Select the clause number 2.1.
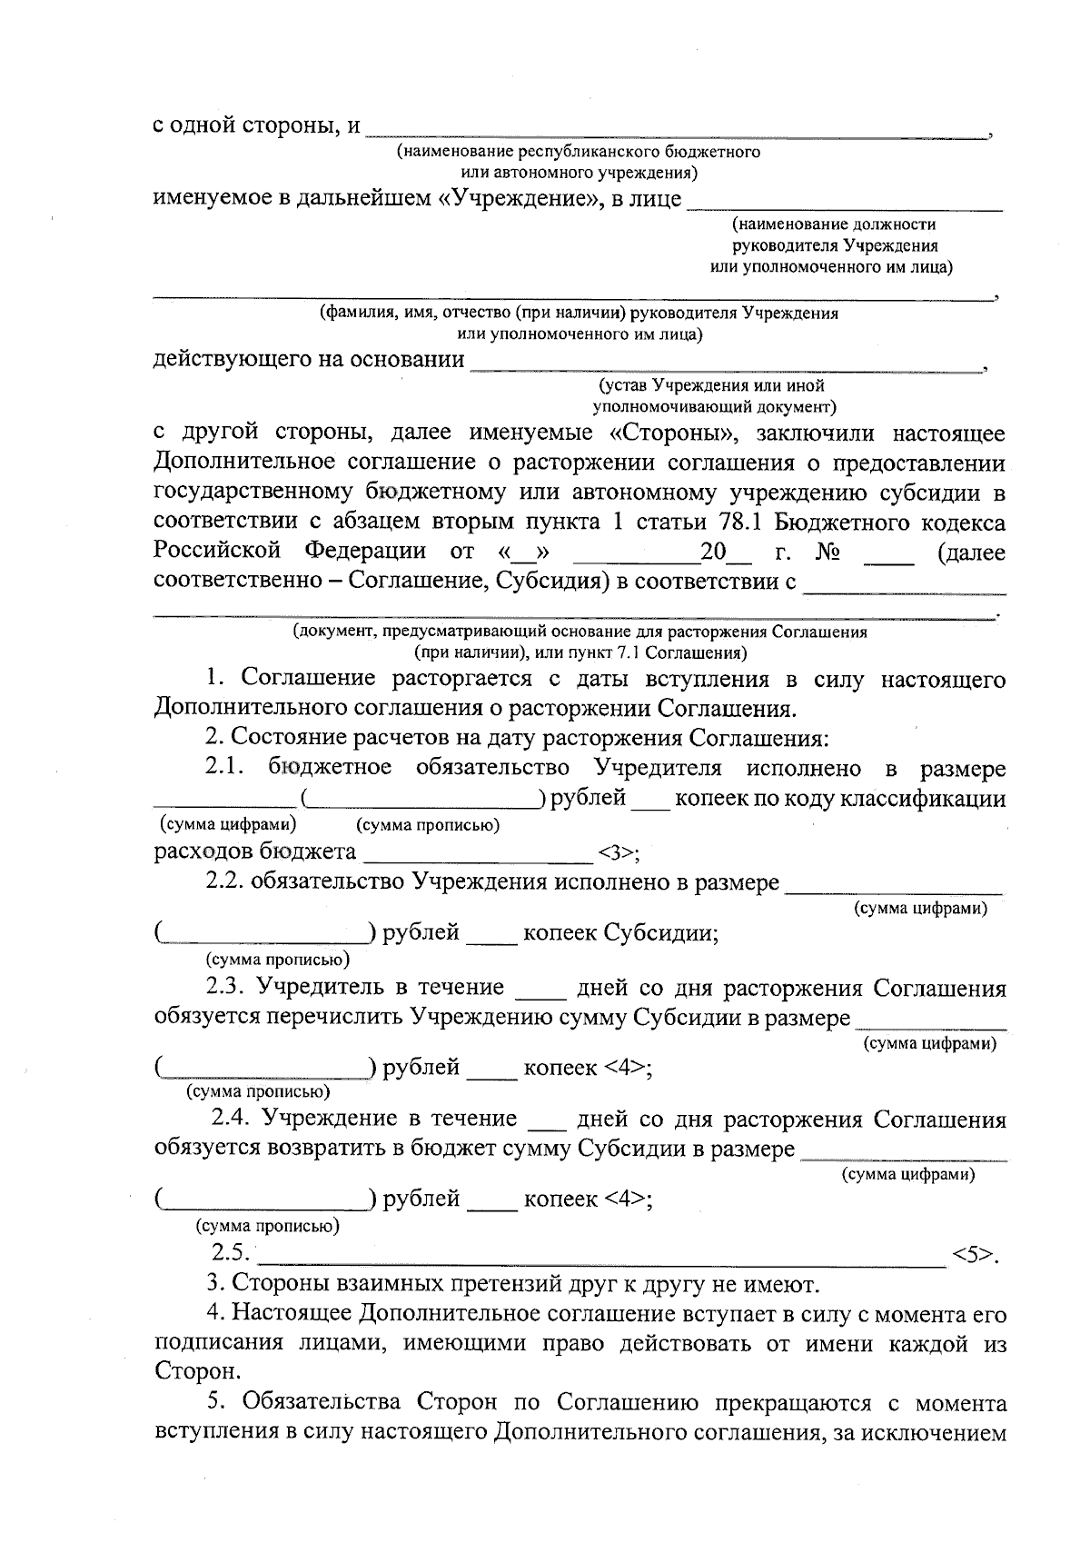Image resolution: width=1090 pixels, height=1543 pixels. point(226,768)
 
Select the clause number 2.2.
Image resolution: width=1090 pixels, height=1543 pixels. point(224,881)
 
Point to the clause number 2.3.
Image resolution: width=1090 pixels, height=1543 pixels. point(226,987)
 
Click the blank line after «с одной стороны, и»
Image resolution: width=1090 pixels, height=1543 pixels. point(677,134)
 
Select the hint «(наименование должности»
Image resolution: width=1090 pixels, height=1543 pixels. point(833,224)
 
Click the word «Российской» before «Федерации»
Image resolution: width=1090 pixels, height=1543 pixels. point(215,552)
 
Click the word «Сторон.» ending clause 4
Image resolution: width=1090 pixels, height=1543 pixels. point(184,1370)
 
